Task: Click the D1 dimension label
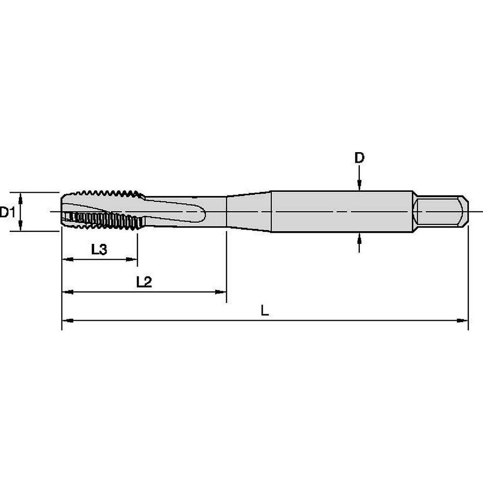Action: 7,212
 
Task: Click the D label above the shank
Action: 359,158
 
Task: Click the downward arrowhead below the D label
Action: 359,186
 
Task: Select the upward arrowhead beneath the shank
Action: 359,238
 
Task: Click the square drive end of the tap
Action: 441,212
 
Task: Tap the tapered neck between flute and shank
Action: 249,212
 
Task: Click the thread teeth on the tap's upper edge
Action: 111,194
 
